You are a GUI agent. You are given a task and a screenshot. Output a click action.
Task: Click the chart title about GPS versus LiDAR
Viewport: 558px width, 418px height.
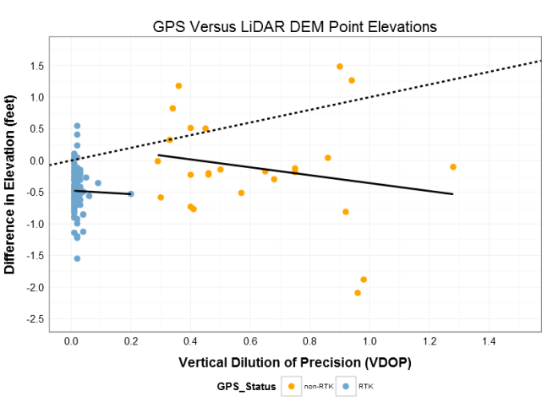(x=294, y=26)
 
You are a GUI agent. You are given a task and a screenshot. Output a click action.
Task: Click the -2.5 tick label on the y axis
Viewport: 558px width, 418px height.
(x=33, y=319)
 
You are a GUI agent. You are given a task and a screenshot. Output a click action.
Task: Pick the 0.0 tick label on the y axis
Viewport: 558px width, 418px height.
(x=35, y=160)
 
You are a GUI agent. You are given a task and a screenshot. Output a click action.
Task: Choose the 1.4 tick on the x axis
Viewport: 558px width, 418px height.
(x=489, y=341)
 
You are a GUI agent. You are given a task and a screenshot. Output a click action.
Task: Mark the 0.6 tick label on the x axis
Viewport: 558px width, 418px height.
(x=249, y=341)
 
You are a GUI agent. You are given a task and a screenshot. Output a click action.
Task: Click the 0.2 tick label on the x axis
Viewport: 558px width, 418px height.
(x=130, y=341)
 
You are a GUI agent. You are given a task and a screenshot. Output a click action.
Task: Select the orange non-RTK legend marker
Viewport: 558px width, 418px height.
(x=292, y=387)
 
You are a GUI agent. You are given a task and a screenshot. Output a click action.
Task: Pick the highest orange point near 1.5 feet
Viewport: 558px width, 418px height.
(x=340, y=66)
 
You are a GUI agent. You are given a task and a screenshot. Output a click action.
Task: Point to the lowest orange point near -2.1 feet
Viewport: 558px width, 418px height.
(x=358, y=292)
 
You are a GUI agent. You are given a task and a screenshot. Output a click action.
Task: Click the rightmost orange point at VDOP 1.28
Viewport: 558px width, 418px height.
(x=453, y=167)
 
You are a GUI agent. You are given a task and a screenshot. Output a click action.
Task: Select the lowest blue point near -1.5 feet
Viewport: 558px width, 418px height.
(x=77, y=258)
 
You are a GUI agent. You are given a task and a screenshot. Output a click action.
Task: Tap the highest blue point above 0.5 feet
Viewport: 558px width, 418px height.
(x=77, y=126)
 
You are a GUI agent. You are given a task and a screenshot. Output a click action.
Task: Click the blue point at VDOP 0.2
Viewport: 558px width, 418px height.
(x=130, y=193)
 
